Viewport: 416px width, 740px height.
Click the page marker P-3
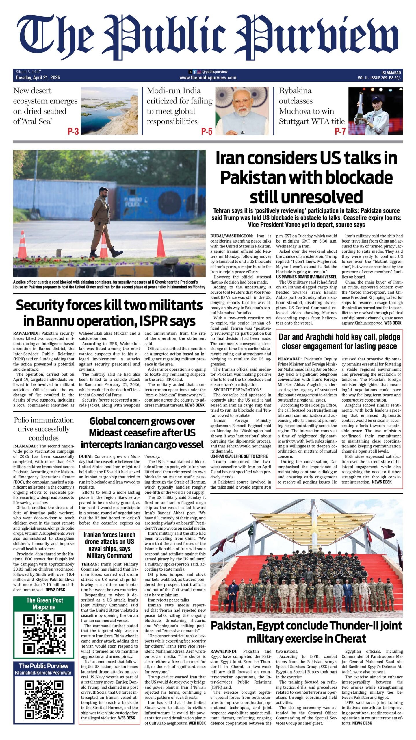[73, 132]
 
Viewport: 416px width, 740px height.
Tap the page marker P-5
[207, 132]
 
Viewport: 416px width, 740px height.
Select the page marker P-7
[340, 132]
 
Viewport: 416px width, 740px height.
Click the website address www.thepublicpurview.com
[208, 78]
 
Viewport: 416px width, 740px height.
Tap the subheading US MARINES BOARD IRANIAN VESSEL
[306, 277]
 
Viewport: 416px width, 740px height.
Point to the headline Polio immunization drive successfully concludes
[44, 429]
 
